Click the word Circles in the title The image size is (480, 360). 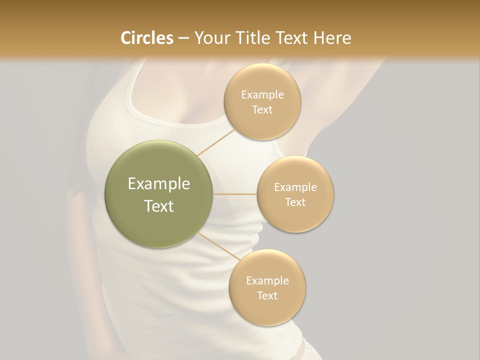click(x=146, y=38)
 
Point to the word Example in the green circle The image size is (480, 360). click(x=159, y=184)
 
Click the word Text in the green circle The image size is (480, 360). click(x=159, y=206)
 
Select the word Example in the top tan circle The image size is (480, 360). click(x=262, y=95)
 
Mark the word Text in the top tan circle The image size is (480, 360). click(x=262, y=109)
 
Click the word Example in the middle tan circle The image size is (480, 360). click(x=295, y=187)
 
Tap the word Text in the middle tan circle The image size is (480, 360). click(x=295, y=202)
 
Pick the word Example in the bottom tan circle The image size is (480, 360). click(x=267, y=281)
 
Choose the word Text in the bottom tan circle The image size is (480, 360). click(x=267, y=295)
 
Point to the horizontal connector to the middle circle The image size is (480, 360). click(x=235, y=194)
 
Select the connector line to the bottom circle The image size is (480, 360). click(x=218, y=246)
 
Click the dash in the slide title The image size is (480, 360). click(x=183, y=38)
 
